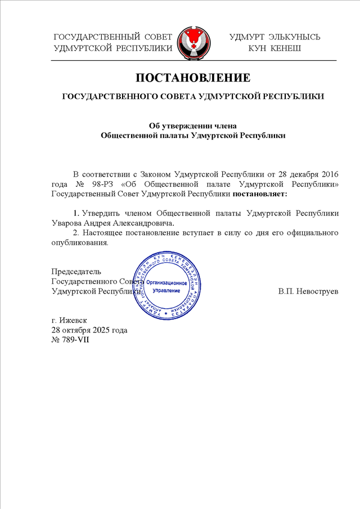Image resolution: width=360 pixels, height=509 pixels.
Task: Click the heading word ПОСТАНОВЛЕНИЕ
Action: (x=192, y=77)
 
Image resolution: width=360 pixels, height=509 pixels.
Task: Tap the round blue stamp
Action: (x=166, y=283)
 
